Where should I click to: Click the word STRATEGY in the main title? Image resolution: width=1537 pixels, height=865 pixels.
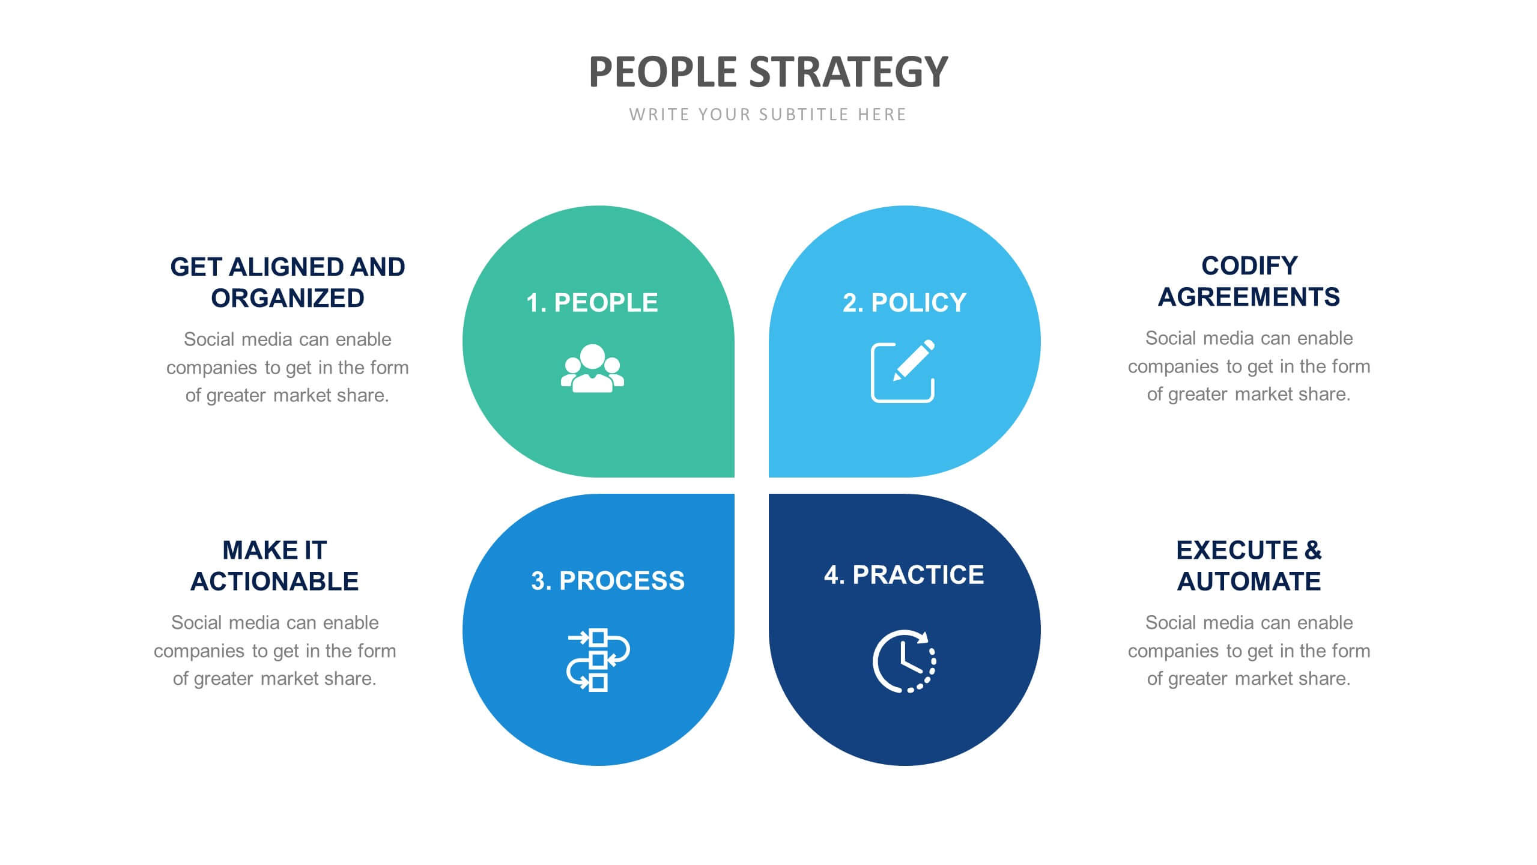pos(849,72)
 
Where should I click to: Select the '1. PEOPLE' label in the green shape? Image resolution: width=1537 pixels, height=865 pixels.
pos(592,303)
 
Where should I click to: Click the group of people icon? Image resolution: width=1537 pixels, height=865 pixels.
pos(592,369)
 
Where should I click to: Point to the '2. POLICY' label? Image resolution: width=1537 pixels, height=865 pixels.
pos(905,303)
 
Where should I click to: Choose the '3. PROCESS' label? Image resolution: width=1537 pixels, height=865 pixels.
pos(608,581)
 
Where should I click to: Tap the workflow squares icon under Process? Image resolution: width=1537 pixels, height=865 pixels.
pos(598,660)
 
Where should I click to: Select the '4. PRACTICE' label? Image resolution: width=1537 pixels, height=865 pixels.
pos(904,575)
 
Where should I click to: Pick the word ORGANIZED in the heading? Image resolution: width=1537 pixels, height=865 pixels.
pos(288,298)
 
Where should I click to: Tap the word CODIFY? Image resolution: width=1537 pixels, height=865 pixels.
pos(1249,266)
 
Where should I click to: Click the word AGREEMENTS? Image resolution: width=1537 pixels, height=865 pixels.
pos(1249,297)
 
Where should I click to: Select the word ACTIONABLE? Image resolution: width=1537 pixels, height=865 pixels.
pos(274,581)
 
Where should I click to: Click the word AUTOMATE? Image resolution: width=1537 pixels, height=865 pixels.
pos(1249,581)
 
